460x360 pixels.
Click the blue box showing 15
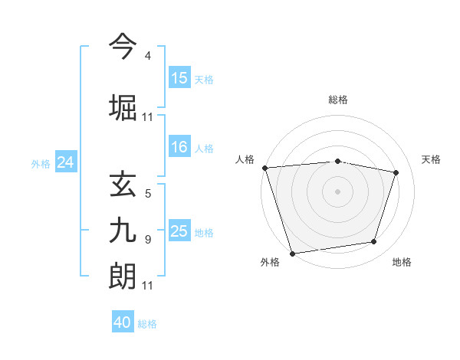tap(179, 77)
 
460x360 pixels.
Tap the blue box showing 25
tap(179, 231)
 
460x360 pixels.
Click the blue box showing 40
tap(123, 322)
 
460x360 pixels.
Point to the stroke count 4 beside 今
tap(147, 57)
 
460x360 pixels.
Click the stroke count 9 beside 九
tap(147, 240)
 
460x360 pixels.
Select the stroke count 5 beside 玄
tap(147, 194)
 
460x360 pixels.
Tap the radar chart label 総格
tap(338, 100)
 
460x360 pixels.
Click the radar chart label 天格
tap(431, 159)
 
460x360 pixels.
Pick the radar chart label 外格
tap(270, 262)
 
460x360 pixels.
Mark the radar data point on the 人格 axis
tap(264, 168)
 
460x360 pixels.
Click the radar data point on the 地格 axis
tap(374, 242)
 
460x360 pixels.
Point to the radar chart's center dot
tap(338, 191)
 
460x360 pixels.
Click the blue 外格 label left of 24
tap(41, 163)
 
